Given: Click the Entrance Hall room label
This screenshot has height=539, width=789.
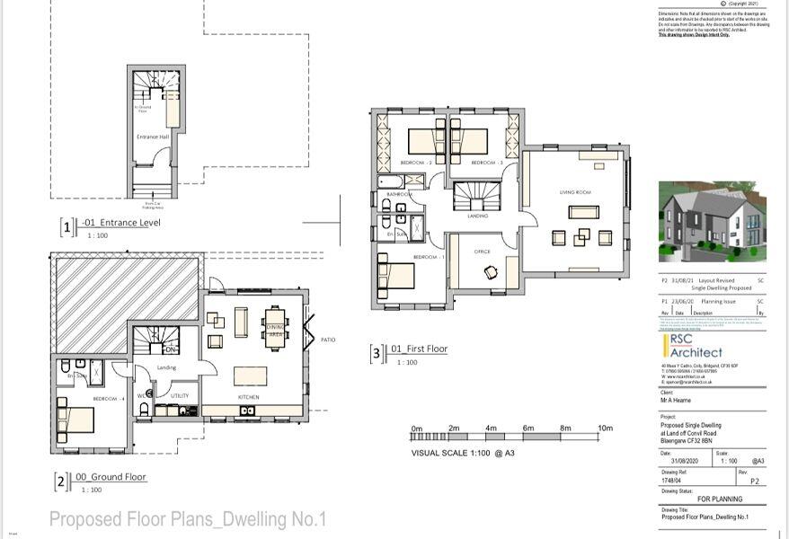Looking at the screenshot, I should coord(152,137).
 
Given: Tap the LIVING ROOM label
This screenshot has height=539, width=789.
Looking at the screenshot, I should coord(575,192).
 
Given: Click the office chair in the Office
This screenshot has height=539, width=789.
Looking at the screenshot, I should coord(489,272).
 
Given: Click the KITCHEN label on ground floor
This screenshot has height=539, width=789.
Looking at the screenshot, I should coord(248,396).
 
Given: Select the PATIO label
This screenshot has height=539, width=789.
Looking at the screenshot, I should coord(329,340).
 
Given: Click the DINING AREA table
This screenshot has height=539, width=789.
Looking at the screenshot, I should coord(276,324).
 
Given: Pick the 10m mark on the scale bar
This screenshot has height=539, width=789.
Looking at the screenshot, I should coord(605,429).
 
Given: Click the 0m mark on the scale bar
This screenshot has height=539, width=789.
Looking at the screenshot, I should coord(416,429).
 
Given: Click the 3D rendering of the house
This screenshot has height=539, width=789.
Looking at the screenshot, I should coord(713,222).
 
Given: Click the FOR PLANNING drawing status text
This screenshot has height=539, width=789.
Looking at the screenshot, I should coord(720,499).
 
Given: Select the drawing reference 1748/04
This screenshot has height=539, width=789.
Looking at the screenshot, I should coord(674,481).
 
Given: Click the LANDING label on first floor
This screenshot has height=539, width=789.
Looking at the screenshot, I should coord(477,216).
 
